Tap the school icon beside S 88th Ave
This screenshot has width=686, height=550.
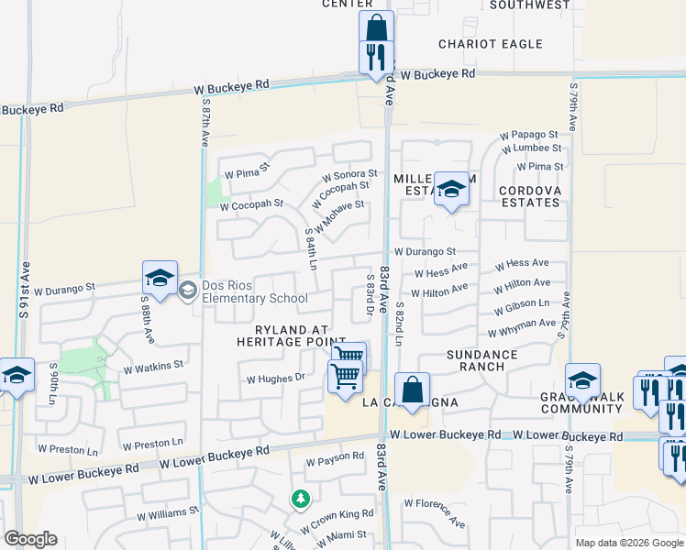(160, 279)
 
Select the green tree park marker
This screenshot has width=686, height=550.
(299, 500)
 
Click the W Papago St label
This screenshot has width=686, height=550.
(529, 136)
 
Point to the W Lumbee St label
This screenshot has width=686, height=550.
(530, 148)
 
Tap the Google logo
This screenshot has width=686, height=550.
(30, 539)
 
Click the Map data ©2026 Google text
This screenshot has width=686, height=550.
(628, 543)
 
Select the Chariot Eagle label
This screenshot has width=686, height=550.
(491, 44)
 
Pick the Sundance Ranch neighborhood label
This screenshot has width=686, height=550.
(482, 360)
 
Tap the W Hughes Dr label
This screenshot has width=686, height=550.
(275, 378)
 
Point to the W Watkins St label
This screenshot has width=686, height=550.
(154, 364)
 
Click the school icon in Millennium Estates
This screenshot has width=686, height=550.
(450, 190)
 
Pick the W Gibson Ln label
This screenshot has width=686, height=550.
(519, 305)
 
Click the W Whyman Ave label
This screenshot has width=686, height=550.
(522, 327)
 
